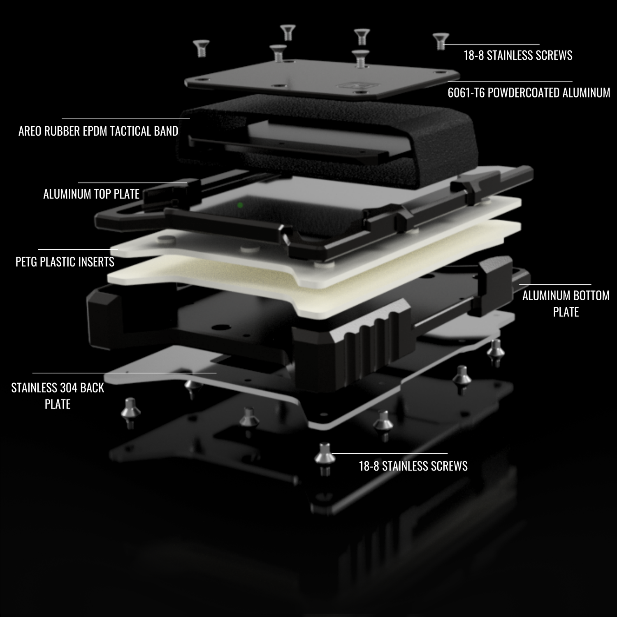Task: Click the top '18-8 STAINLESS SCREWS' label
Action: click(x=518, y=56)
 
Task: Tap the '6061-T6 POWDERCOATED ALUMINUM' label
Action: click(x=529, y=93)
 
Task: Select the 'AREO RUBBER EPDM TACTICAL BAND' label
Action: click(x=98, y=131)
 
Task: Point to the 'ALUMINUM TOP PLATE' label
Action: click(x=91, y=194)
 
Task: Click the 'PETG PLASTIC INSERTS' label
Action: click(x=65, y=262)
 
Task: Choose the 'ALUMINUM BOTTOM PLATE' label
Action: click(x=566, y=304)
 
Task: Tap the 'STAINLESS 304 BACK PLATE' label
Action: click(x=58, y=396)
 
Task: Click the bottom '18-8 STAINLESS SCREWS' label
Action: click(x=413, y=466)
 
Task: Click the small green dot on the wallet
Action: click(x=240, y=205)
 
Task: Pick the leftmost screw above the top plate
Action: click(x=202, y=48)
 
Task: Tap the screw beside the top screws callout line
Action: click(x=441, y=42)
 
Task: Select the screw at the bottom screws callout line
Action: click(x=324, y=459)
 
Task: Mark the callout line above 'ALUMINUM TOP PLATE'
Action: click(x=132, y=183)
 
